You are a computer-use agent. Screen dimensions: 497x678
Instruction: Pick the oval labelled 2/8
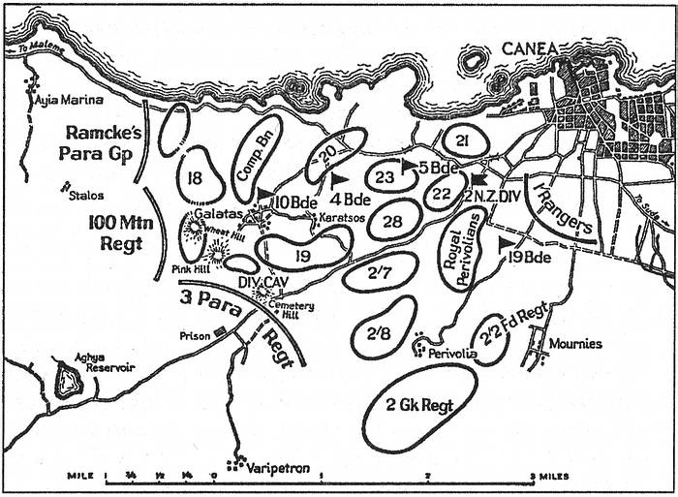tap(379, 331)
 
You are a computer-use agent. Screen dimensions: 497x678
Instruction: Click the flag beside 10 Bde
tap(262, 193)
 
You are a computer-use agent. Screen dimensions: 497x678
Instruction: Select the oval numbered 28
tap(392, 222)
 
